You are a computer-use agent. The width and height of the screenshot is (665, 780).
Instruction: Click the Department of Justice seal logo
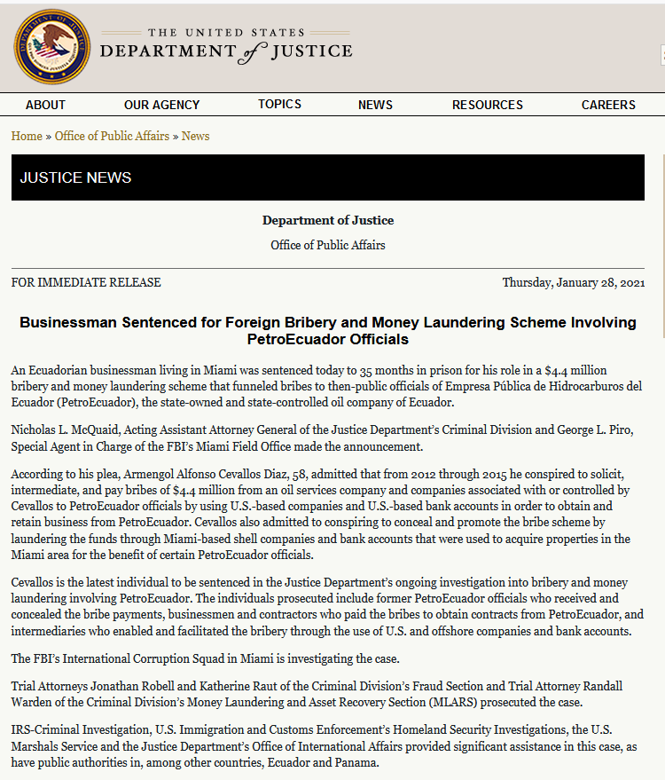52,47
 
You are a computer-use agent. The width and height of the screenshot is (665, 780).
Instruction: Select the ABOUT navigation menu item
45,105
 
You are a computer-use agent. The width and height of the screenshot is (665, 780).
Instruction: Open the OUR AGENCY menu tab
161,105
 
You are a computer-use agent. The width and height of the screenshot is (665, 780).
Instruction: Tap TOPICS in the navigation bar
279,104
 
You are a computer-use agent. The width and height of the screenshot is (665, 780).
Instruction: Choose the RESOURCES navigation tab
487,105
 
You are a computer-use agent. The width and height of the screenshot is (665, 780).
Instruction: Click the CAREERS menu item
608,105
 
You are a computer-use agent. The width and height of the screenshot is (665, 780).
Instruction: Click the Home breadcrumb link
27,136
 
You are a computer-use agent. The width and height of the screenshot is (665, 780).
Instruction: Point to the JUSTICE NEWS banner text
75,177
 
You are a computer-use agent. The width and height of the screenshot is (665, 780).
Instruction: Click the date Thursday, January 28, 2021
573,282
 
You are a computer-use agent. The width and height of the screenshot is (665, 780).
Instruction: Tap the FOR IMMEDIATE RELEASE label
86,282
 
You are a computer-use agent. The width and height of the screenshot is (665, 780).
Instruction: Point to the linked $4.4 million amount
575,369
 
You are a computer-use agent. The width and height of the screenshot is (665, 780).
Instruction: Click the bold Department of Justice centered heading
328,220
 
